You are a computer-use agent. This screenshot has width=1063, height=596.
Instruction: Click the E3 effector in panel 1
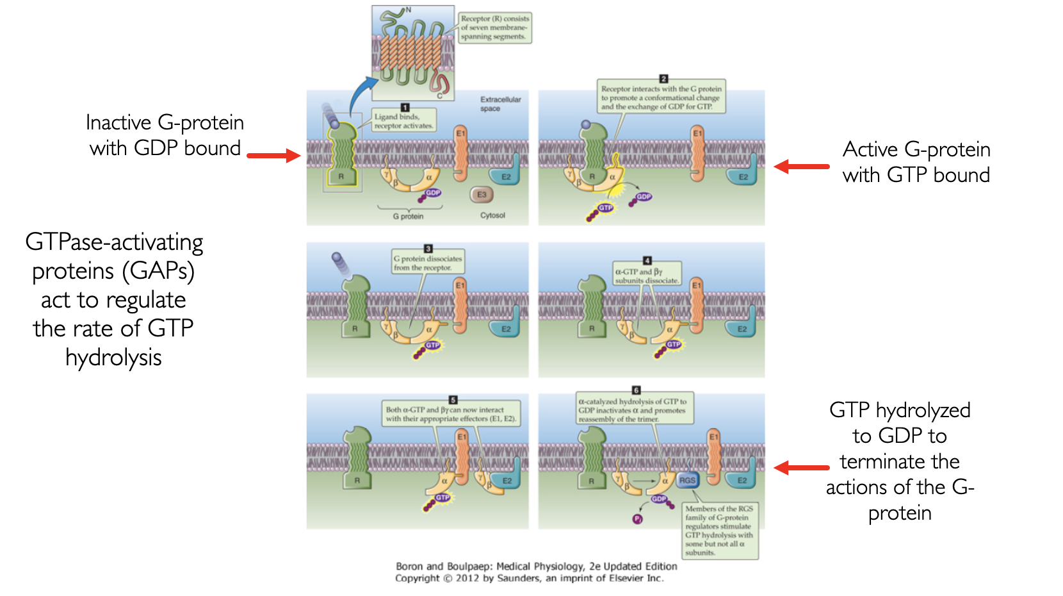tap(482, 194)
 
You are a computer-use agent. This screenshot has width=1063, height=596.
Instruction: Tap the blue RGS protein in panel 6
tap(687, 480)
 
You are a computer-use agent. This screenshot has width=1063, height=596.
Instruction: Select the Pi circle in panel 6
tap(638, 519)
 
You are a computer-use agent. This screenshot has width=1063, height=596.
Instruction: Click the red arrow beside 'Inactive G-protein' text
tap(273, 155)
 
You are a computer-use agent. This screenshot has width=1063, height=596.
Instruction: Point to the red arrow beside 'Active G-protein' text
tap(802, 167)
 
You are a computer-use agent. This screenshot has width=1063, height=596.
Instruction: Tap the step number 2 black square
tap(663, 79)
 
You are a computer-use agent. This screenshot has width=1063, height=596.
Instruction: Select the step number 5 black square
tap(453, 400)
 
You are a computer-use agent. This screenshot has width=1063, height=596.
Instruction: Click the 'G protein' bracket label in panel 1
tap(408, 217)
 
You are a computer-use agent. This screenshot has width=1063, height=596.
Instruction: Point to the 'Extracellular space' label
tap(500, 104)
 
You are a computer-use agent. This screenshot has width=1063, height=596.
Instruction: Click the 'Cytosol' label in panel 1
tap(492, 215)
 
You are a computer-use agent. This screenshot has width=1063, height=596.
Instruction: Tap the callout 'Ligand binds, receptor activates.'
tap(404, 121)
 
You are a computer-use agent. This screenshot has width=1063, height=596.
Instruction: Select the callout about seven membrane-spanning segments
tap(494, 28)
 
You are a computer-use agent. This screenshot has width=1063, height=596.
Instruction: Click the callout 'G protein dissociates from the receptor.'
tap(427, 263)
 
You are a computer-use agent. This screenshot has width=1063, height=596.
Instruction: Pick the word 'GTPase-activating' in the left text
tap(114, 242)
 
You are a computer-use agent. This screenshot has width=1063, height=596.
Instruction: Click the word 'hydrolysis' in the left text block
tap(113, 358)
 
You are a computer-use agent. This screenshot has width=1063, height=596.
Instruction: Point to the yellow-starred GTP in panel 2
tap(605, 208)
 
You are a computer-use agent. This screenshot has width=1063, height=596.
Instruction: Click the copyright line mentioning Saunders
tap(529, 578)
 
